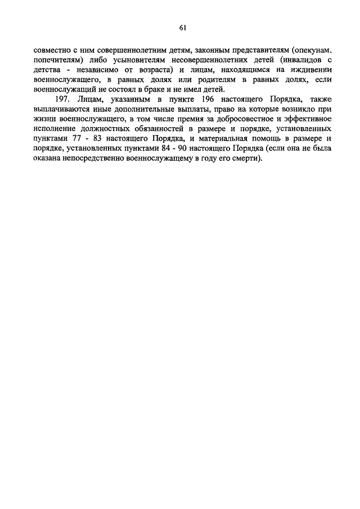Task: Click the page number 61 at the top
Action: click(x=183, y=28)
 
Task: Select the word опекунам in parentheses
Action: click(x=309, y=51)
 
